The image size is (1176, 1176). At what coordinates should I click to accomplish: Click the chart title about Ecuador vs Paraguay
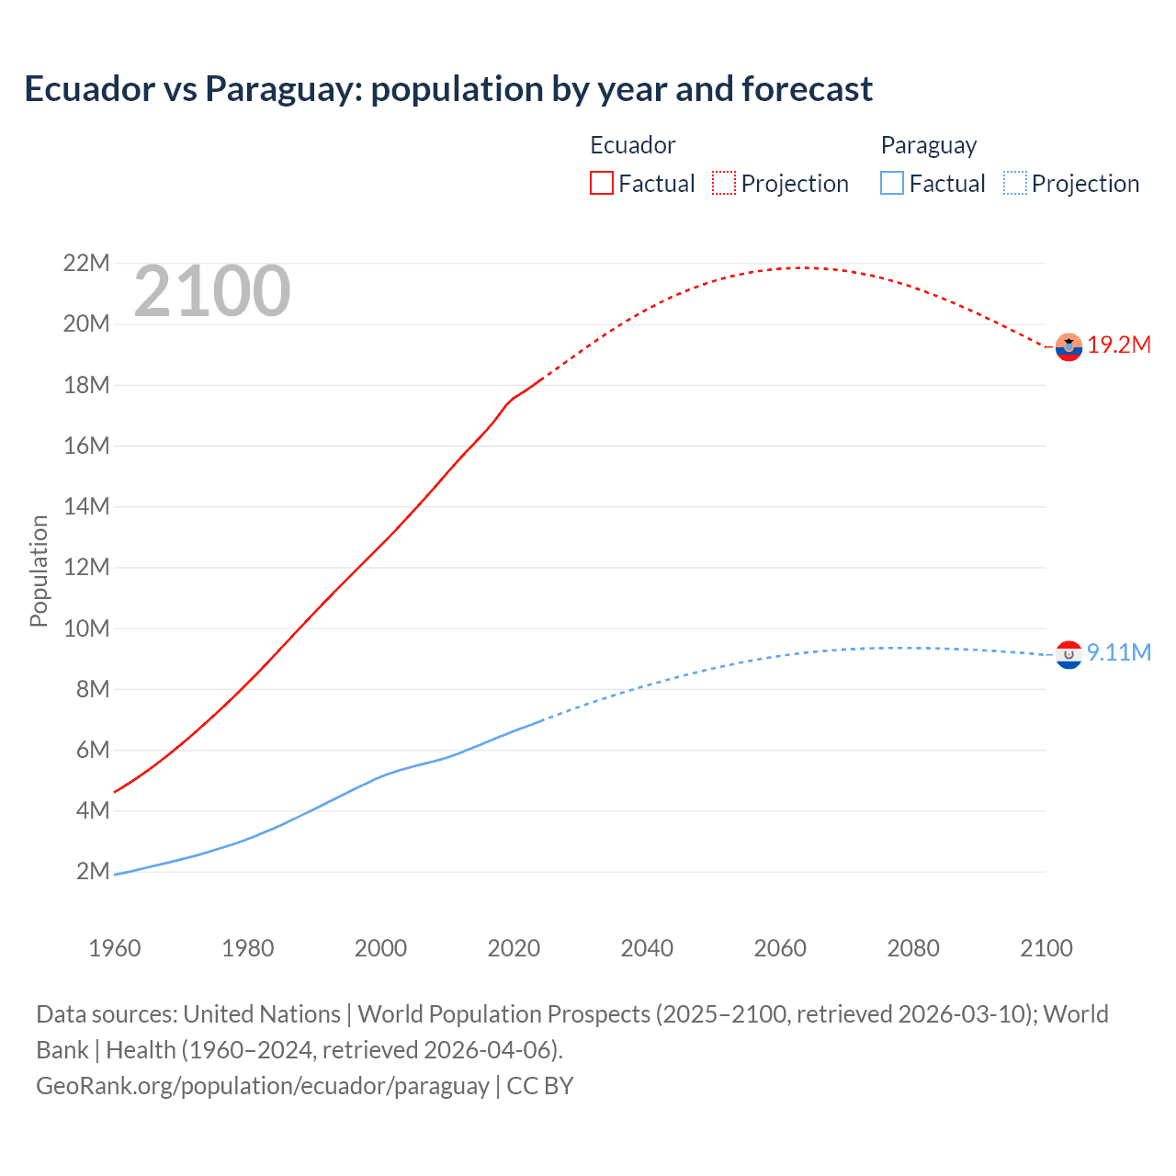[448, 89]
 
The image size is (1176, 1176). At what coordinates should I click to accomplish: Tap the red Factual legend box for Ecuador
[601, 183]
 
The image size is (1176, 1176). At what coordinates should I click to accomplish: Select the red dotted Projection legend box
[724, 183]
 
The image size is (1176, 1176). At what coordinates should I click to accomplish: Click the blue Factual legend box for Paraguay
[892, 183]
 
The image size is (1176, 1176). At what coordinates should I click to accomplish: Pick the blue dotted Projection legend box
[1014, 183]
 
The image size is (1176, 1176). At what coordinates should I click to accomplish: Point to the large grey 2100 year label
[212, 291]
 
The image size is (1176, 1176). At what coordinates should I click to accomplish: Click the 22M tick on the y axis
[86, 264]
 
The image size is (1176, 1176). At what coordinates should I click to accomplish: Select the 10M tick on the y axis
[86, 628]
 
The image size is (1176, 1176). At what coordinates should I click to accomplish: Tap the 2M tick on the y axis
[92, 871]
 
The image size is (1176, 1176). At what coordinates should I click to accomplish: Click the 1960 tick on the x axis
[115, 948]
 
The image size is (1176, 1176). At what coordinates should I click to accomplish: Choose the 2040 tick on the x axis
[647, 948]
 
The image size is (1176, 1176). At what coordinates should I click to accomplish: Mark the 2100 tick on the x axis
[1046, 948]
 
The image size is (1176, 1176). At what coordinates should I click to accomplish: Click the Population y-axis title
[39, 571]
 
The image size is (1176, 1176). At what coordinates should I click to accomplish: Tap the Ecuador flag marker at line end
[1069, 347]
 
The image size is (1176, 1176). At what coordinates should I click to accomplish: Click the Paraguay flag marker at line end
[1069, 654]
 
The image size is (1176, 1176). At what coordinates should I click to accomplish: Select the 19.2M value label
[1119, 345]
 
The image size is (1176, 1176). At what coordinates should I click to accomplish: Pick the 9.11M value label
[1119, 652]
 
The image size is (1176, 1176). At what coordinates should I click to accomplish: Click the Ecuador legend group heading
[632, 145]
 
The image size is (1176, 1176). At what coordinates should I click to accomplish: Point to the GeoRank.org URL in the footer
[263, 1086]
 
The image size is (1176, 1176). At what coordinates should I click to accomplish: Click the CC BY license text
[540, 1086]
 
